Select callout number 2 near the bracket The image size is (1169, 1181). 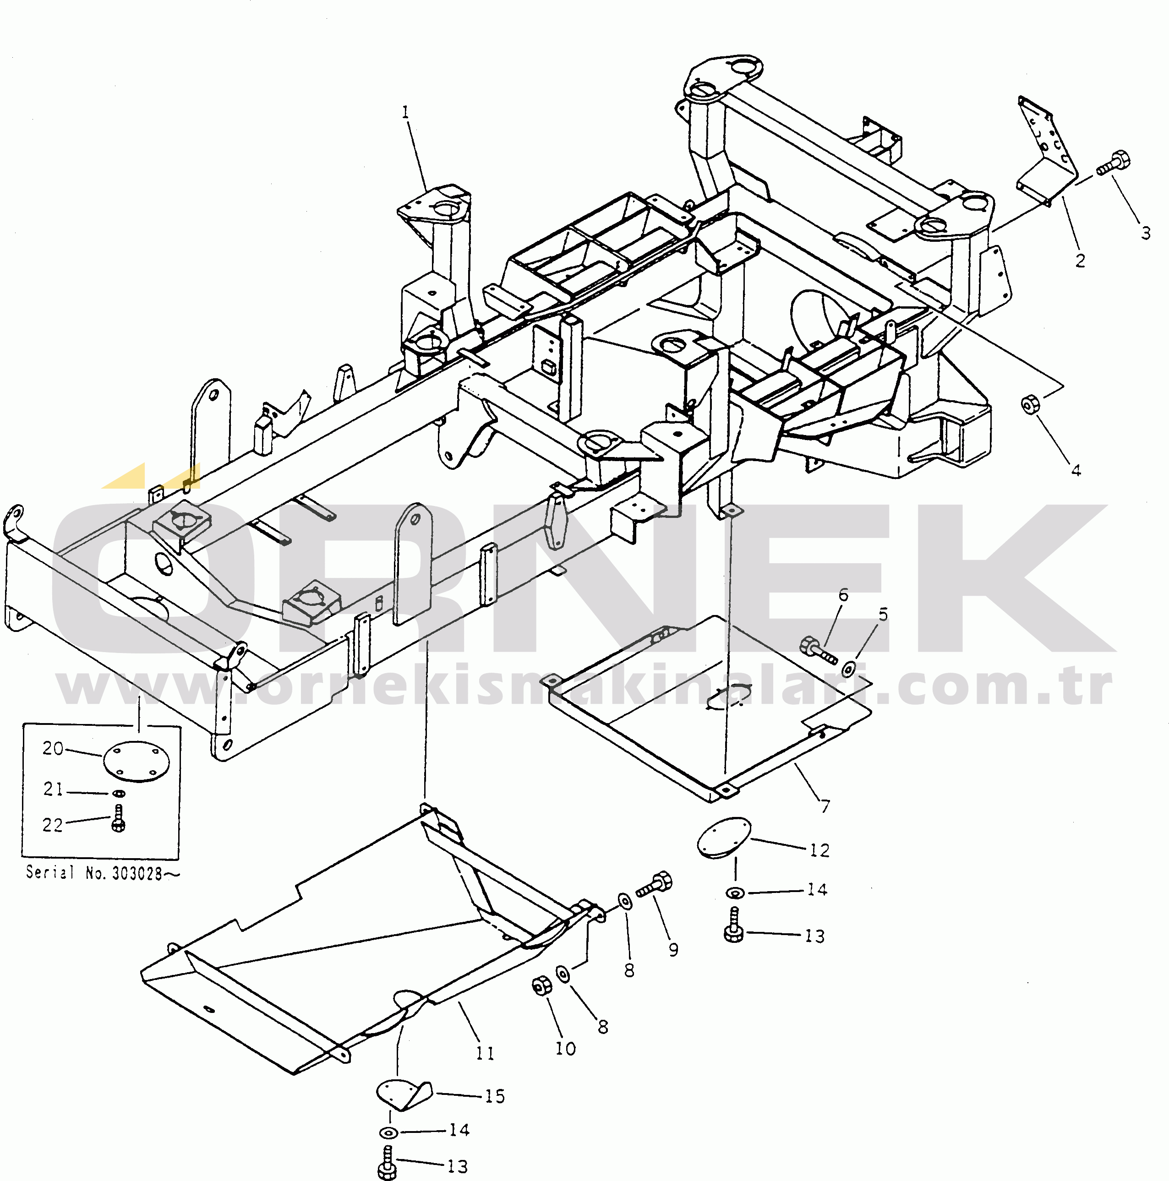pyautogui.click(x=1080, y=261)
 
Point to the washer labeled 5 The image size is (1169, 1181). pyautogui.click(x=849, y=668)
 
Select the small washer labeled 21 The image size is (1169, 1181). pyautogui.click(x=119, y=794)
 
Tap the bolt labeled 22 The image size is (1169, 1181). pyautogui.click(x=119, y=818)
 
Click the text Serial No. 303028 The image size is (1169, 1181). pyautogui.click(x=103, y=872)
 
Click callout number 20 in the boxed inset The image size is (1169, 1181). pyautogui.click(x=53, y=748)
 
